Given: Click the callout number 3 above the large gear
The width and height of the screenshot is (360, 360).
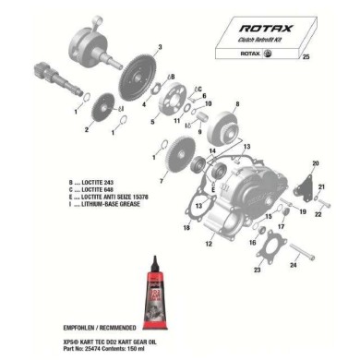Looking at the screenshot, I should (159, 46).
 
